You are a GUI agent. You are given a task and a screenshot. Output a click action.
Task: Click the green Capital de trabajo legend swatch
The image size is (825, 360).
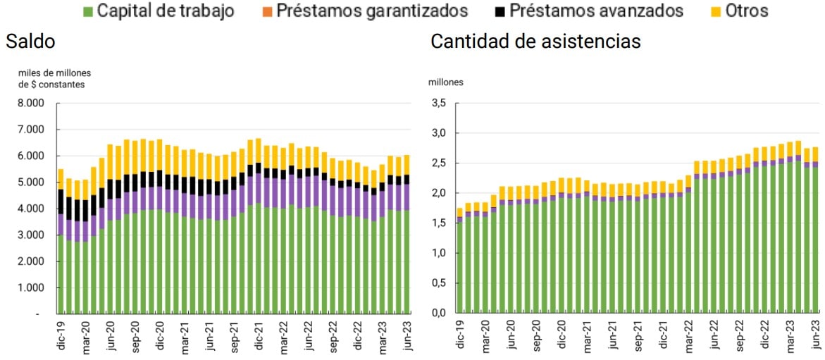point(88,11)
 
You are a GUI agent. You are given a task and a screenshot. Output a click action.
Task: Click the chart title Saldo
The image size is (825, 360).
point(30,42)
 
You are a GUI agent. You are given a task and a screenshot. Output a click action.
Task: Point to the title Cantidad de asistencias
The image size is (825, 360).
point(535,42)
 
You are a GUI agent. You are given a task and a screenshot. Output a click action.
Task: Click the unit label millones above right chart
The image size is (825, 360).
point(446,82)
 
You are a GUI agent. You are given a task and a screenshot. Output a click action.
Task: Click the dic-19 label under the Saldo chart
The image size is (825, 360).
point(61,335)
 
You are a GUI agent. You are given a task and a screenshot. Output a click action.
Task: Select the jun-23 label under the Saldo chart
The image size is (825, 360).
point(406,335)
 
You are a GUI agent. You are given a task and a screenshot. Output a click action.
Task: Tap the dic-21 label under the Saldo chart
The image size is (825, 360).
point(258,335)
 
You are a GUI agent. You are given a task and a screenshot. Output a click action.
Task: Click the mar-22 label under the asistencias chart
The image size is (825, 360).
point(688,335)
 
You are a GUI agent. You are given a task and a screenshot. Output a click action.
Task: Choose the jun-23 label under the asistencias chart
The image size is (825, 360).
point(817,335)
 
